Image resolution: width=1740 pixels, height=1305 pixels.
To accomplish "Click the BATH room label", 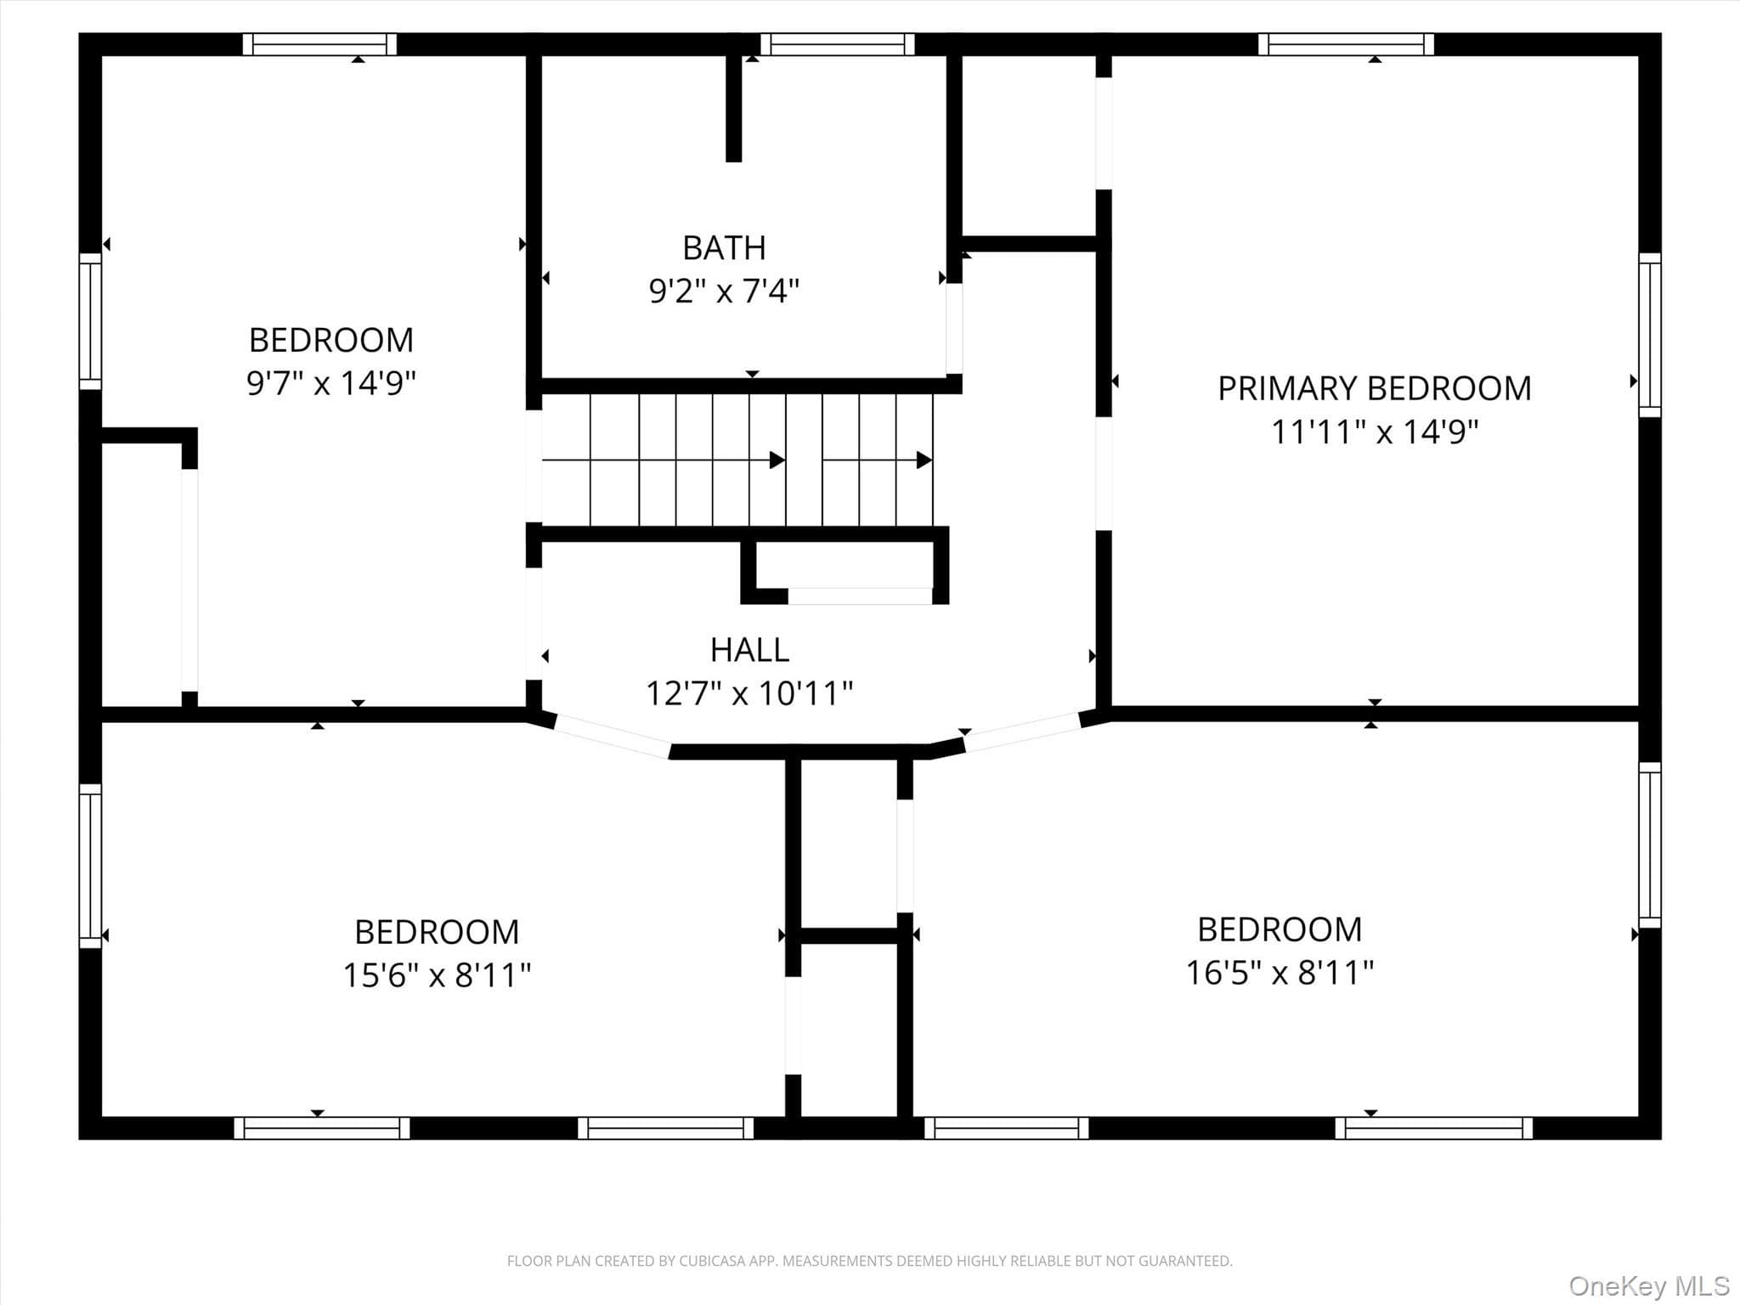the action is point(724,248).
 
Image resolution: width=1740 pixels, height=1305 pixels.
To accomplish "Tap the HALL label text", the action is point(749,650).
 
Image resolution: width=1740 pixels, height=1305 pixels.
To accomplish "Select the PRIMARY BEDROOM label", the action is point(1374,388).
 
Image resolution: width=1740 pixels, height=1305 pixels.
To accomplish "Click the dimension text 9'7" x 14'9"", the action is point(331,382).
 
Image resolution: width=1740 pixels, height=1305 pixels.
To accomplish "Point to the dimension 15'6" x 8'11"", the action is point(437,975).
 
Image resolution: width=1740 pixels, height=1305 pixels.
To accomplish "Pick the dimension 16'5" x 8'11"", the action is point(1280,972).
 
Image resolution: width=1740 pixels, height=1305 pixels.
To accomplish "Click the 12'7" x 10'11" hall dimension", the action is point(749,693).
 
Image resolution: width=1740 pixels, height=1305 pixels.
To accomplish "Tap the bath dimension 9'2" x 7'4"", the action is point(724,291).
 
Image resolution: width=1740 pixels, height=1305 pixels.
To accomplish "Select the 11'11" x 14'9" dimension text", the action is point(1375,432).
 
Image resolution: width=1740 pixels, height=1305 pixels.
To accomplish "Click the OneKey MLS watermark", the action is point(1649,1285).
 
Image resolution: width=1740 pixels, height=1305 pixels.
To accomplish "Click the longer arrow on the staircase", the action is point(664,460).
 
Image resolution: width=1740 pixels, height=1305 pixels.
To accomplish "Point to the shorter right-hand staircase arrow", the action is point(878,460).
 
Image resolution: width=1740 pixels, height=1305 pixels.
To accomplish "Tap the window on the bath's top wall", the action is point(837,44).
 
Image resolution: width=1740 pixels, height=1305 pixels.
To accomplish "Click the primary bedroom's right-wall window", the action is point(1649,335).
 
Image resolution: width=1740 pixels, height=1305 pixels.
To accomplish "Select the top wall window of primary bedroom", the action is point(1346,44).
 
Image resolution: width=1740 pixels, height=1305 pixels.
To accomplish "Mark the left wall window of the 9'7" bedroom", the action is point(90,321).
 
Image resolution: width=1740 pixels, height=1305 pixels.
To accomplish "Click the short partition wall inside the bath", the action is point(733,108).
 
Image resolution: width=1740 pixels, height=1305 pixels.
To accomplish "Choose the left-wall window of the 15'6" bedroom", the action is point(90,866).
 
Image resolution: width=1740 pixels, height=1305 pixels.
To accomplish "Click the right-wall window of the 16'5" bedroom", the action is point(1649,845).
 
